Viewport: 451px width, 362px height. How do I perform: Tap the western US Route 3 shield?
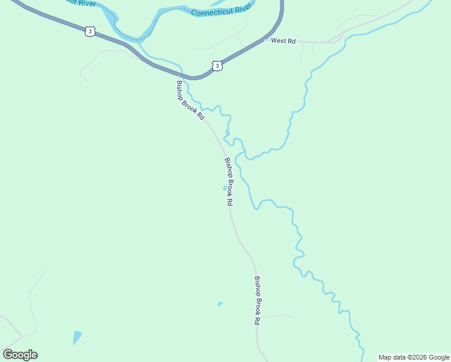point(90,31)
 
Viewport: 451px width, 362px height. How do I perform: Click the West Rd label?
point(283,41)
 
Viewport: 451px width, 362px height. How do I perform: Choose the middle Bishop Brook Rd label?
point(229,182)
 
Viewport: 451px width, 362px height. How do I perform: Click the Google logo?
point(20,355)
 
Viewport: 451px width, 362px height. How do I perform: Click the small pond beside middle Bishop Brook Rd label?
point(224,188)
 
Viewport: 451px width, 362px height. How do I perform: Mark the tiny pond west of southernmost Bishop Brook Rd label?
point(220,303)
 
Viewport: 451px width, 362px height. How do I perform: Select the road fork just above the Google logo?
point(22,335)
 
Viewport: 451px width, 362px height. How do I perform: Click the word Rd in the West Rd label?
point(291,41)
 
